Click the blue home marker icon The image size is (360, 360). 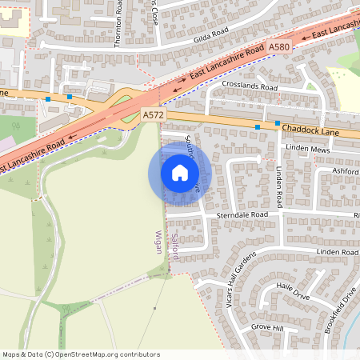tap(180, 173)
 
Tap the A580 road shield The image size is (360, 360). tap(279, 48)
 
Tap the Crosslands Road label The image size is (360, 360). tap(250, 86)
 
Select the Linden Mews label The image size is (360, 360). tap(308, 150)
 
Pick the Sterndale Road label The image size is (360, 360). tap(241, 215)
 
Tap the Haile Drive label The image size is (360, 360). tap(292, 290)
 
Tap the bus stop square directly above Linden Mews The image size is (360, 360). tap(278, 123)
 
